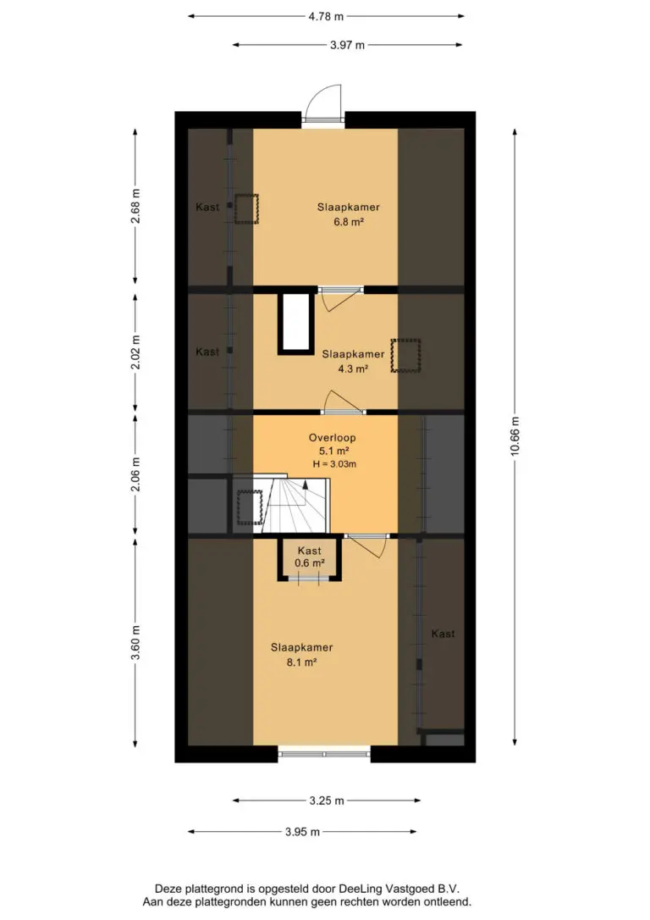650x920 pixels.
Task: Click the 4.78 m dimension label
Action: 326,16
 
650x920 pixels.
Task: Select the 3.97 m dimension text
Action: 347,45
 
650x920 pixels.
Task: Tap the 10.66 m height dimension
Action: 515,436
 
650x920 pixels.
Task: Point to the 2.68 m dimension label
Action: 135,206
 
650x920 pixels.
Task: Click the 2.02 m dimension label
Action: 135,352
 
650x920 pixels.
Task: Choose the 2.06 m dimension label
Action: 135,474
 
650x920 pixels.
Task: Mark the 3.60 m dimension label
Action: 135,642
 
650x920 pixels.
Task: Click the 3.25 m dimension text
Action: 327,801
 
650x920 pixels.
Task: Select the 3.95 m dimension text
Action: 302,831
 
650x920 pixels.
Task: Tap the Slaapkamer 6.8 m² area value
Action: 349,222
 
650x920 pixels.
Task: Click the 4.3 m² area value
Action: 353,369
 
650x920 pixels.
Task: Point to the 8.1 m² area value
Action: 302,662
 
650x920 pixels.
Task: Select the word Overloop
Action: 333,438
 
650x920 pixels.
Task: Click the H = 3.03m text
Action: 334,464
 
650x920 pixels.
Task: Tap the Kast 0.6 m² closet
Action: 310,559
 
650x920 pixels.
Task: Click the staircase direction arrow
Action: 306,493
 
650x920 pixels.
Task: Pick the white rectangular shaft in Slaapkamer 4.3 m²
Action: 296,324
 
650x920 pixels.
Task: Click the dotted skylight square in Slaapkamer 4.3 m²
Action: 406,356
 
